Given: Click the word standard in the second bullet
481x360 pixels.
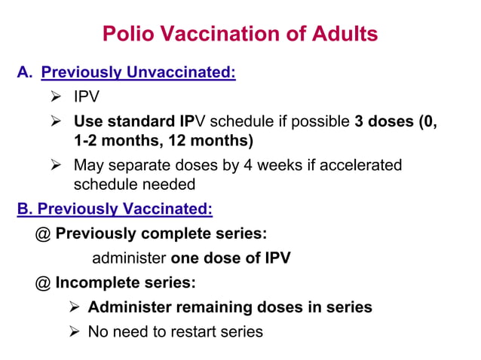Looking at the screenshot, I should click(142, 121).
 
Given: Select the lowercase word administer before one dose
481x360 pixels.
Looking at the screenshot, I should click(129, 258).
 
